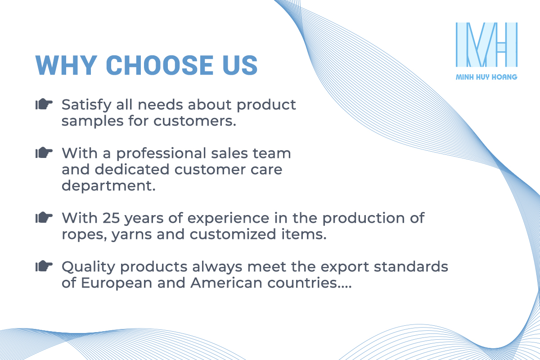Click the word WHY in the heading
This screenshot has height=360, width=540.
[x=66, y=65]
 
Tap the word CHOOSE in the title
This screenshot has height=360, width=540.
[x=160, y=65]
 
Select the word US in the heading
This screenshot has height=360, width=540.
[x=240, y=65]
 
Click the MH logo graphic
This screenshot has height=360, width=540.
[x=486, y=45]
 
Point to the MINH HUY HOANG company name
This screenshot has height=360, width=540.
[x=486, y=77]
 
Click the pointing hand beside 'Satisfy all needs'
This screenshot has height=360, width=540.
[x=44, y=104]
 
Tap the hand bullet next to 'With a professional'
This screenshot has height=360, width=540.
[x=44, y=153]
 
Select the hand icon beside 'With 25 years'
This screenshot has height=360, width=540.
[x=44, y=217]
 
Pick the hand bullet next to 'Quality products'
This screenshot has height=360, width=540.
[x=44, y=266]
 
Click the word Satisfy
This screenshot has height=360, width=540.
[x=86, y=105]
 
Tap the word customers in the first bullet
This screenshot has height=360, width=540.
[x=195, y=121]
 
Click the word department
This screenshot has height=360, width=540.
[x=108, y=186]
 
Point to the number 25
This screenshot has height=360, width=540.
[x=111, y=218]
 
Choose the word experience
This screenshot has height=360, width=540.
[x=228, y=218]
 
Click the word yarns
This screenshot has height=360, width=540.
[x=131, y=235]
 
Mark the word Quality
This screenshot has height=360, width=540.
[x=88, y=267]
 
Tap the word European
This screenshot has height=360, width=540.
[x=117, y=283]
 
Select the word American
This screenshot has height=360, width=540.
[x=226, y=283]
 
